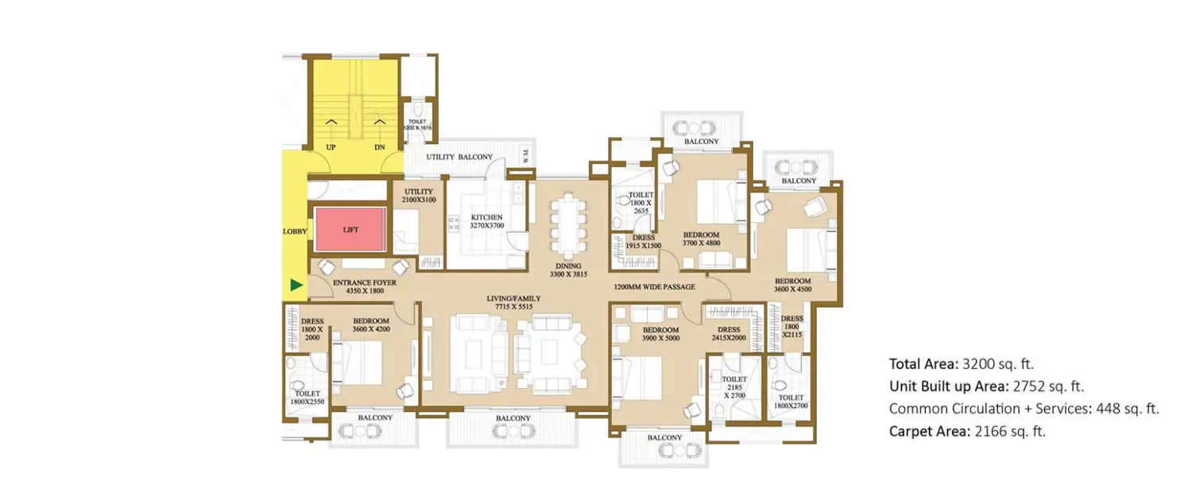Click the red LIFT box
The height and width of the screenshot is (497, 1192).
(350, 230)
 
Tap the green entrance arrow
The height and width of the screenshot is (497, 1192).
(296, 285)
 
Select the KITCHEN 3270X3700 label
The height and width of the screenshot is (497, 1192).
(486, 221)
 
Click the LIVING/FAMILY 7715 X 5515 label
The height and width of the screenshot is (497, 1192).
(513, 303)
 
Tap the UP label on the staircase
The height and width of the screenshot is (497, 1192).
(331, 147)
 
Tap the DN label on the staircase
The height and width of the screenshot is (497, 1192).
(379, 147)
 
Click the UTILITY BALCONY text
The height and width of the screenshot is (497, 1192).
(459, 157)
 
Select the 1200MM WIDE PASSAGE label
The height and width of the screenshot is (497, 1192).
(655, 286)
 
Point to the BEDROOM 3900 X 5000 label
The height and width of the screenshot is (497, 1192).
(660, 334)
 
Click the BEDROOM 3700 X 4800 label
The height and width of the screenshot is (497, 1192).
(701, 239)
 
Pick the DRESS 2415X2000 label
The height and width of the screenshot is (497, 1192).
(728, 334)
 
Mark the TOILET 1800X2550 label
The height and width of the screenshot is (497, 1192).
(307, 398)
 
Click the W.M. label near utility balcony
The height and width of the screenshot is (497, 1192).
(526, 157)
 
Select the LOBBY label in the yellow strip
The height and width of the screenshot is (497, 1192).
(294, 231)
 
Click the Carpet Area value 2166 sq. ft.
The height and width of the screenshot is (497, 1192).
(1008, 432)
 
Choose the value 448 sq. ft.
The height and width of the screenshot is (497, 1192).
(1122, 409)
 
